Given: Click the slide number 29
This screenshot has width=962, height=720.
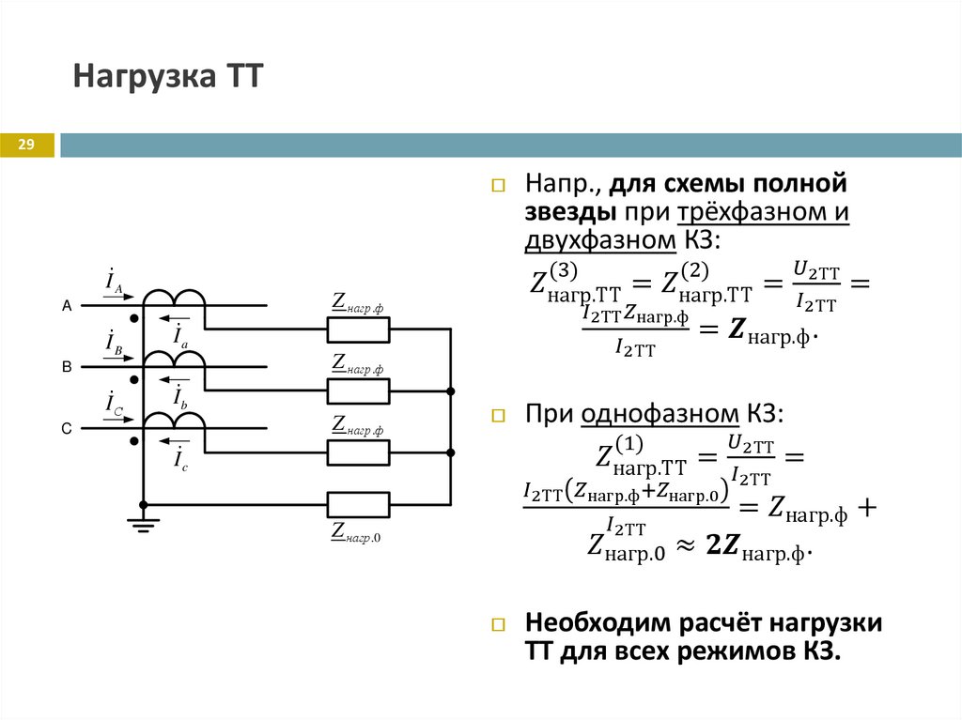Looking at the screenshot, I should coord(25,144).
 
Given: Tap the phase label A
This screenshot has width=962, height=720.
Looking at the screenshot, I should coord(67,306).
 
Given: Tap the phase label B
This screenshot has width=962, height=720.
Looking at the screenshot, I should coord(67,367).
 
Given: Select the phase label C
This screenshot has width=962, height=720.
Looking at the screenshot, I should coord(67,428).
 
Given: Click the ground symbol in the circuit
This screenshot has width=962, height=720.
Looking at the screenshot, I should coord(143,524).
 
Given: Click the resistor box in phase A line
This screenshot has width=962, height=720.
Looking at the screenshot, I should coord(357,329).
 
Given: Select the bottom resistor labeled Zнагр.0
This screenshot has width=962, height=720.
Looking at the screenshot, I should coord(357,505).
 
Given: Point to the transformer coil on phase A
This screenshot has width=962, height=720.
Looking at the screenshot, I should coord(174,296).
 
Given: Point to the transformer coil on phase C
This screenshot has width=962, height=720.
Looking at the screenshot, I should coord(174,419).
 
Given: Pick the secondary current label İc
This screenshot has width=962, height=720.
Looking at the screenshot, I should coord(180,458).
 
